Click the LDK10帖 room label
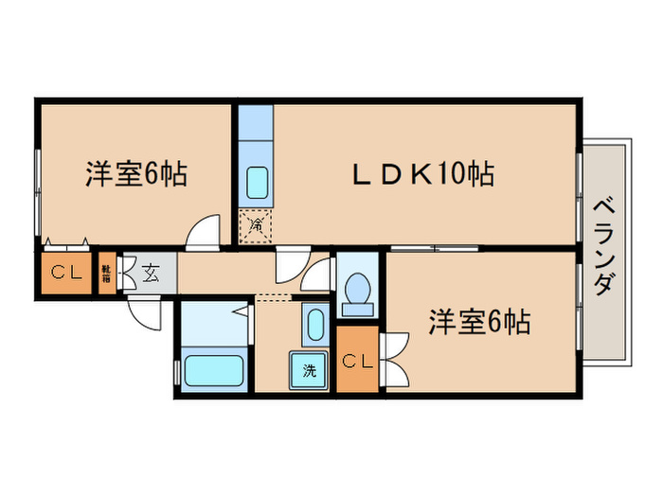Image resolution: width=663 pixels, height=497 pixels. click(424, 174)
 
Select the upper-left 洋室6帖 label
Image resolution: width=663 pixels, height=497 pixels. click(135, 174)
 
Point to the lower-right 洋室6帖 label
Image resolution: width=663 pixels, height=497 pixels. click(478, 323)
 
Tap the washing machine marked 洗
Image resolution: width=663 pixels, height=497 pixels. click(310, 369)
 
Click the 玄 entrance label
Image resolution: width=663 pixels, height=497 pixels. click(151, 274)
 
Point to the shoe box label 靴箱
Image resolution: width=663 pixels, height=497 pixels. click(107, 274)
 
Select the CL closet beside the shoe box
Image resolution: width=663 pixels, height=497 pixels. click(65, 274)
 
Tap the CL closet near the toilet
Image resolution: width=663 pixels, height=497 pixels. click(357, 360)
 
